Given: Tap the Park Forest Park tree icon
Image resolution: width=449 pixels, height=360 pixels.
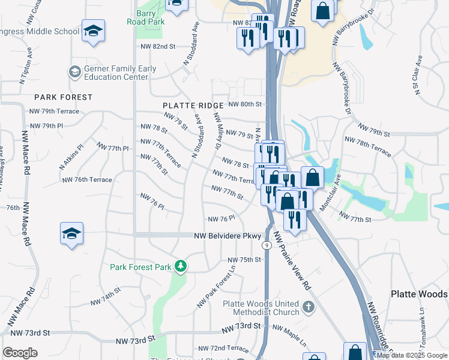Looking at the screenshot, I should [179, 266].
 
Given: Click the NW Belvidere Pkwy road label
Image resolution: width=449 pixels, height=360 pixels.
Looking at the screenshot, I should [228, 236].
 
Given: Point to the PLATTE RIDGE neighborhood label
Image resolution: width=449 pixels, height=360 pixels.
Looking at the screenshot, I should [188, 106].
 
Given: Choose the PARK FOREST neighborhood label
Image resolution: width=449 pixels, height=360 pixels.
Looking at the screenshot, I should [64, 97].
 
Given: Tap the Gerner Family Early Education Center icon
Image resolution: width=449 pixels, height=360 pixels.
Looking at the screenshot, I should [74, 73].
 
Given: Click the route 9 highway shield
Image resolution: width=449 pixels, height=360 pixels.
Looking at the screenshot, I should [265, 245].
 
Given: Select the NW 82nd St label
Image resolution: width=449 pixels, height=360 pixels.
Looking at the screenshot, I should [157, 46].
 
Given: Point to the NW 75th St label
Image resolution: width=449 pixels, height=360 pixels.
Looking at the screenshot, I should [244, 260].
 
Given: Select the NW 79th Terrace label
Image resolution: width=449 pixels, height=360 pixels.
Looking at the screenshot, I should [54, 112].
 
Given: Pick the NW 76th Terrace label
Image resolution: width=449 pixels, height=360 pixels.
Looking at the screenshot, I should [87, 180].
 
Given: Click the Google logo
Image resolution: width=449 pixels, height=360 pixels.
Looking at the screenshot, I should [20, 353].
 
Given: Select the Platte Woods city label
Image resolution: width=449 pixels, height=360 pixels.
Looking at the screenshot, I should [419, 294].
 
